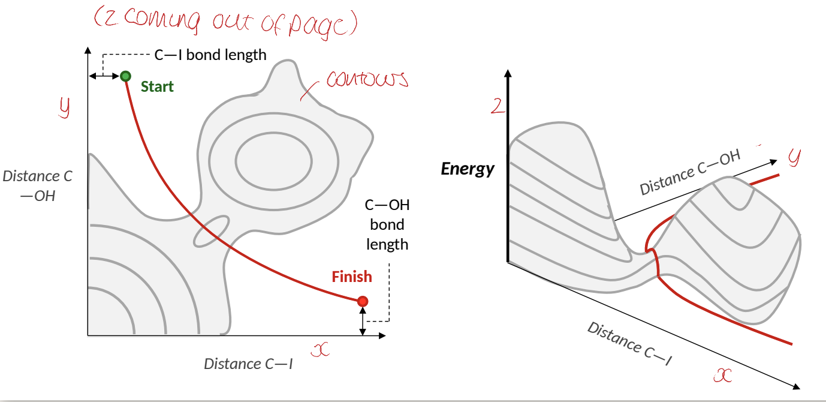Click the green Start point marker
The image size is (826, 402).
tap(125, 76)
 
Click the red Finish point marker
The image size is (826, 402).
tap(362, 301)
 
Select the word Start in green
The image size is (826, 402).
tap(157, 87)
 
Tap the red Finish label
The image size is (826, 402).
tap(352, 277)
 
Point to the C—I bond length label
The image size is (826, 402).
tap(214, 55)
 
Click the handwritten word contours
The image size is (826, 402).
tap(366, 80)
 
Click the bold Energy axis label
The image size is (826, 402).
tap(468, 169)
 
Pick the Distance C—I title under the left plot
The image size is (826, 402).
tap(248, 364)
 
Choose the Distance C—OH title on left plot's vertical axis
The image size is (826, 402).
tap(38, 185)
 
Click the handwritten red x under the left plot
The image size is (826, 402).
tap(321, 350)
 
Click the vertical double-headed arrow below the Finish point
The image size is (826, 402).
tap(362, 322)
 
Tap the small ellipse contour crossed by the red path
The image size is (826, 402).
tap(211, 232)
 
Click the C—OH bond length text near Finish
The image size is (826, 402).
tap(387, 225)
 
